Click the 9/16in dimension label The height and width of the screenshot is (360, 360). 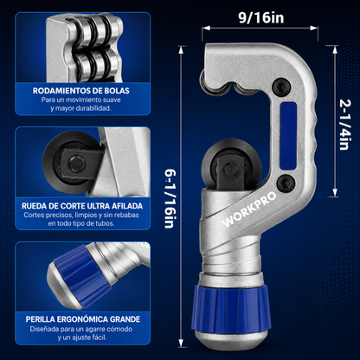coord(261,17)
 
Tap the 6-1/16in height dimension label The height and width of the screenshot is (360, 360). coord(170,199)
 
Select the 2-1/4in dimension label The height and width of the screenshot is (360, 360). coord(344,125)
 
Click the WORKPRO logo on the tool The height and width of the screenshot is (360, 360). coord(249,209)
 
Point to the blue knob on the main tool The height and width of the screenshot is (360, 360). coord(232,306)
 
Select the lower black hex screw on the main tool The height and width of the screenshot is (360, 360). coord(286,183)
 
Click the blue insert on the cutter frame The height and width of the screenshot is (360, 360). coord(288,136)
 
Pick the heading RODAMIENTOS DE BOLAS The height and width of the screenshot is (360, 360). coord(81,91)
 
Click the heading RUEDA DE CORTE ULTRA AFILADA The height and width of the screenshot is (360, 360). coord(82,206)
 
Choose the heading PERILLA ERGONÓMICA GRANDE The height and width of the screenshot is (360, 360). coord(83,319)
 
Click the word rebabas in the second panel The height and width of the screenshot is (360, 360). coord(126,215)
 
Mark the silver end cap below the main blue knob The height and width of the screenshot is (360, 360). coord(232,338)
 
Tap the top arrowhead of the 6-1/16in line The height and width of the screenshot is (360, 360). coord(181,50)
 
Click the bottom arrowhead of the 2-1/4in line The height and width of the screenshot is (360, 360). coord(335,193)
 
